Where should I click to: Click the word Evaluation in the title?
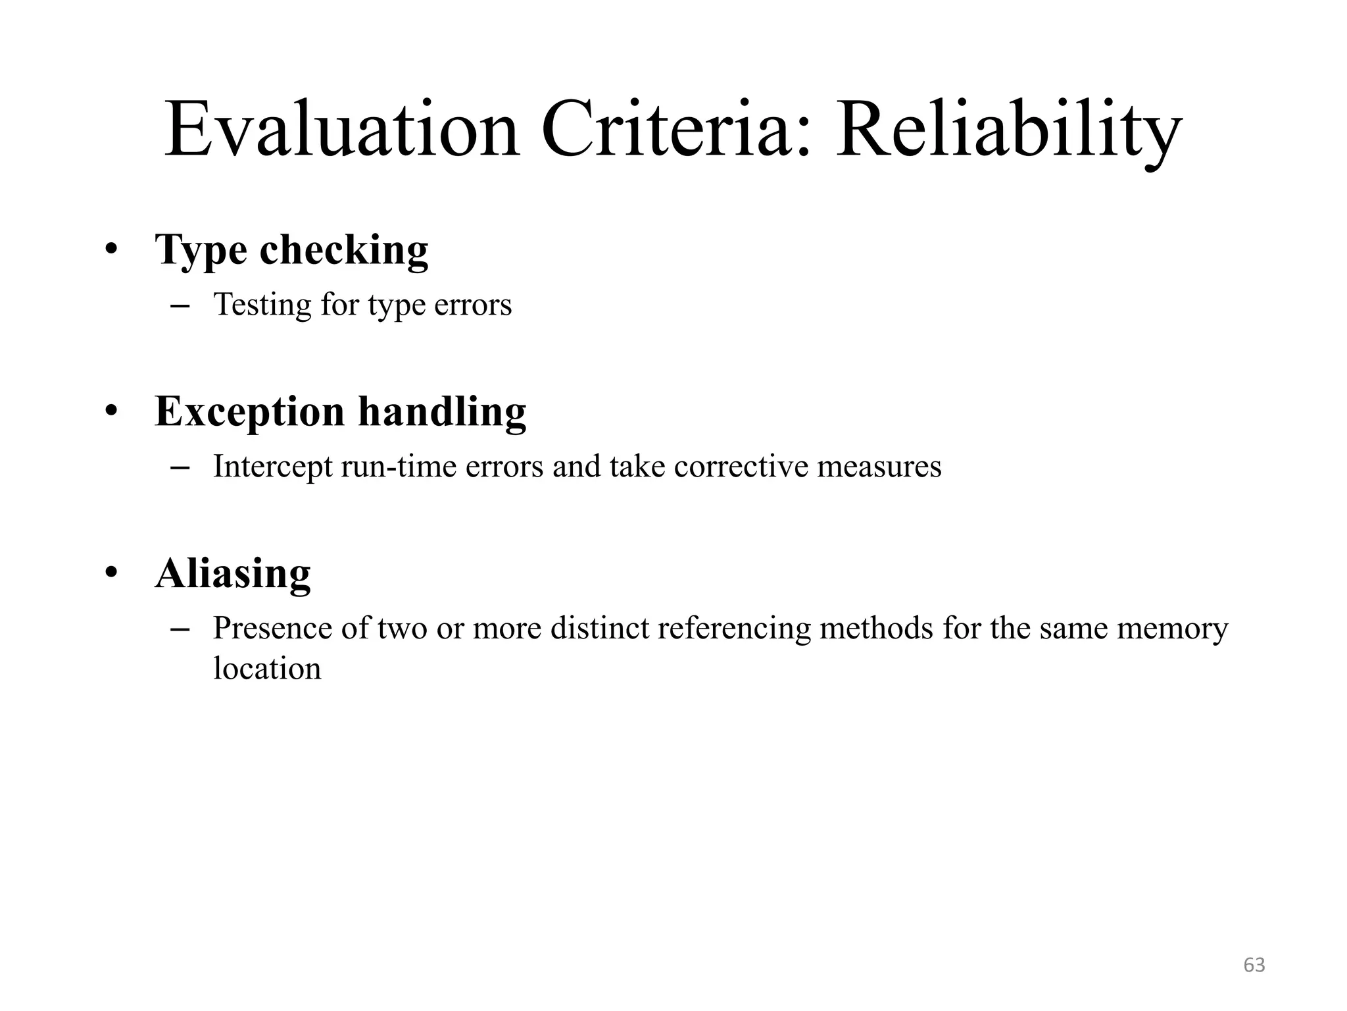[341, 130]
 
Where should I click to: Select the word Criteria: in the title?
[677, 130]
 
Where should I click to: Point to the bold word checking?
[344, 250]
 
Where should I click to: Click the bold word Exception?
[250, 413]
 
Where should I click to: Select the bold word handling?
[442, 411]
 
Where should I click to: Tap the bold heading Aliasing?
[233, 573]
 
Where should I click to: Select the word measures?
[879, 467]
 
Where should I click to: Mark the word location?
[267, 669]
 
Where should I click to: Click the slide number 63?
[1254, 965]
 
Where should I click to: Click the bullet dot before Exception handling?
[111, 411]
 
